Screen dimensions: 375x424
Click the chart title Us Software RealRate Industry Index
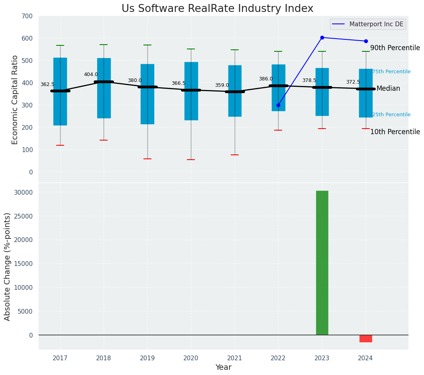217,9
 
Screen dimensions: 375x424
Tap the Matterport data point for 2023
322,38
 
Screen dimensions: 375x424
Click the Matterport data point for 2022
278,105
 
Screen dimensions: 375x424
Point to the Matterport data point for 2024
366,41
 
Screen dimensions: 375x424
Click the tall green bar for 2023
322,263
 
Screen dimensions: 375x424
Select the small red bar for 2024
366,338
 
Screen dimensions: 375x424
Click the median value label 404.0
91,74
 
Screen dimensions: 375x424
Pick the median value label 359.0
222,85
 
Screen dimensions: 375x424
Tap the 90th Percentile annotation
395,48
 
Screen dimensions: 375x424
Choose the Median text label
388,89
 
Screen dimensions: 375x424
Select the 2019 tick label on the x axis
147,358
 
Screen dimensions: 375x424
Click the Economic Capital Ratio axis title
15,100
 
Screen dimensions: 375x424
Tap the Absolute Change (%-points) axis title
7,266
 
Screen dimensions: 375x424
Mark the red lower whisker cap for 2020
191,160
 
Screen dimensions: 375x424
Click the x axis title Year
223,367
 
